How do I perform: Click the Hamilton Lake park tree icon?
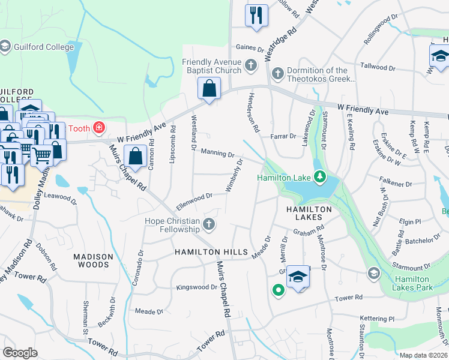pos(320,176)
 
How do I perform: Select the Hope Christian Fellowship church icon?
pos(209,224)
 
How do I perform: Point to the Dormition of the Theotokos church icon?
pos(277,74)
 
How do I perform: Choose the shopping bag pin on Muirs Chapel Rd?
pos(137,157)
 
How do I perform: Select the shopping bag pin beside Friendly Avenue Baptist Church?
pos(209,89)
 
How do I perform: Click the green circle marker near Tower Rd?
pos(278,291)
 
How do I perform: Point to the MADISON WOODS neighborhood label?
pos(92,260)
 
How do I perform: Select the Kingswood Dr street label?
pos(196,287)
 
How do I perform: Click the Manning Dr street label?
pos(217,154)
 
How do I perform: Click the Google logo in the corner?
pos(20,353)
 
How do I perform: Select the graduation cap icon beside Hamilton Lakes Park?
pos(373,274)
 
